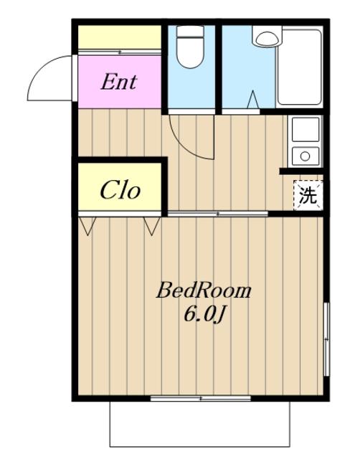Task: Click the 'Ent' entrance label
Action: (119, 82)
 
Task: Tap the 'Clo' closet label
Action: (120, 190)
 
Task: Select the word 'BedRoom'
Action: (204, 290)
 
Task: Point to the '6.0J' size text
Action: (204, 315)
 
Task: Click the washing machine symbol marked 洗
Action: (308, 195)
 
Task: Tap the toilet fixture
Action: (190, 47)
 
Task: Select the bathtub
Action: (299, 67)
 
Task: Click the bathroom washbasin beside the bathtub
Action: (267, 37)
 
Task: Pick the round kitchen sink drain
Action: (305, 156)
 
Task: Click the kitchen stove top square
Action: (305, 129)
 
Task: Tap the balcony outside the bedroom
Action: (200, 424)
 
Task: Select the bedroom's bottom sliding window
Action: (201, 398)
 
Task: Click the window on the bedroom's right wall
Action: (326, 339)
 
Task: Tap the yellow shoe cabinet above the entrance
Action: (120, 37)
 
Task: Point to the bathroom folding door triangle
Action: (253, 100)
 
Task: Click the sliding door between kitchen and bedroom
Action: (218, 214)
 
